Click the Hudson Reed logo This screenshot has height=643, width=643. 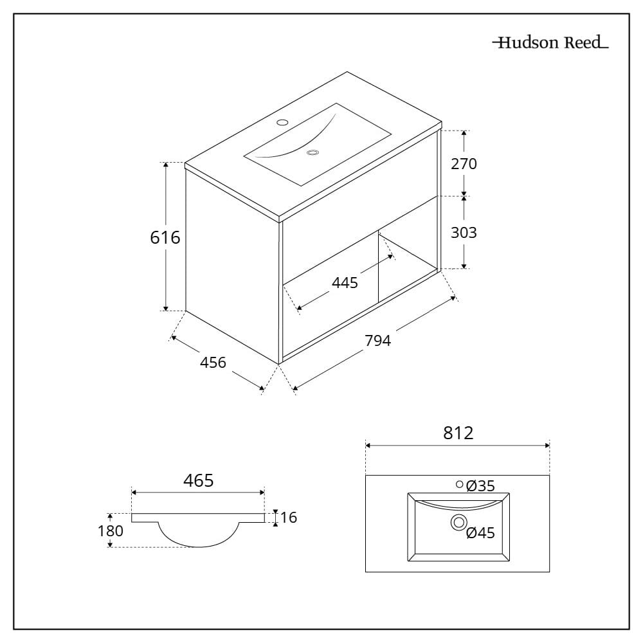(x=550, y=42)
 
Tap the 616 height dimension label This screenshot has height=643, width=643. (x=165, y=237)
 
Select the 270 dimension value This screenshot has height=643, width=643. (x=464, y=164)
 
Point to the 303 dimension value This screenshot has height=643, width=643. (x=464, y=233)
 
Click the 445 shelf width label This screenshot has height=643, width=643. (x=345, y=283)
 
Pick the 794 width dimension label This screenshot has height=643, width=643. (x=377, y=340)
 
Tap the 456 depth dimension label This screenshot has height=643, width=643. (x=213, y=363)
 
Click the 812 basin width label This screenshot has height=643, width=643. (x=458, y=433)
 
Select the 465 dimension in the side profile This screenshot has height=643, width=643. (x=199, y=480)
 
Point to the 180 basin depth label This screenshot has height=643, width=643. (x=111, y=531)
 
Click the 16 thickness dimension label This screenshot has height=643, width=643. (x=289, y=518)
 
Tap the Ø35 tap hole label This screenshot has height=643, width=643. (x=480, y=486)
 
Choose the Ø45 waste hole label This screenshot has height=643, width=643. (x=480, y=532)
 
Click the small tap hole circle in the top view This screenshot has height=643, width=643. (x=460, y=485)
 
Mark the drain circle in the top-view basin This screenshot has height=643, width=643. (x=459, y=522)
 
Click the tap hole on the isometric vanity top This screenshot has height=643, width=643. (x=282, y=122)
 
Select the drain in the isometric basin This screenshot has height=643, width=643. (x=312, y=152)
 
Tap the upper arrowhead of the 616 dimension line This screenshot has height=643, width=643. (x=166, y=166)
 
